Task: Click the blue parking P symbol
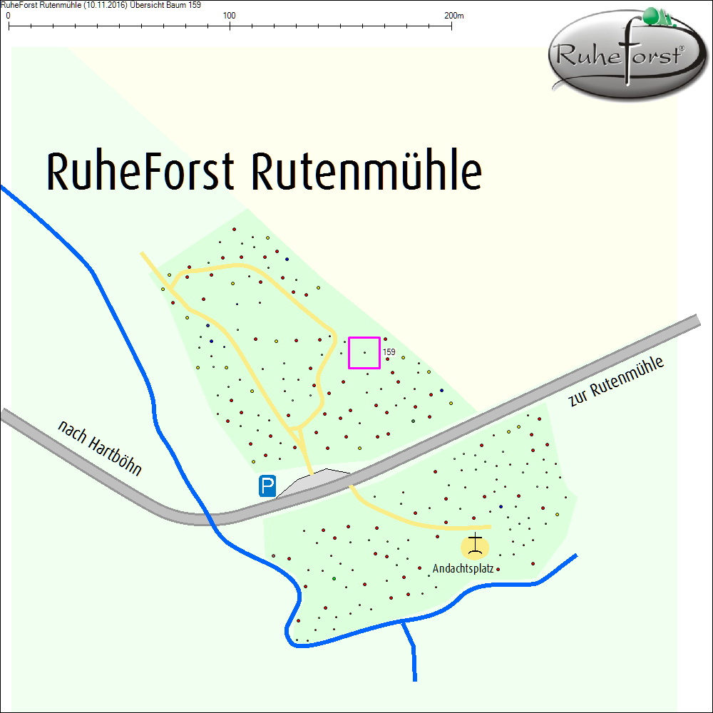[x=267, y=487]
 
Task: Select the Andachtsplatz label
[x=463, y=569]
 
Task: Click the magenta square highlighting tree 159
[x=364, y=353]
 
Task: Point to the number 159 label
[x=389, y=352]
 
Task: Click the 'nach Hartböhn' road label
[x=100, y=448]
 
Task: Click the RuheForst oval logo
[x=619, y=56]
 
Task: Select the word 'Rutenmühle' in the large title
[x=366, y=172]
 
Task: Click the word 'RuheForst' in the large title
[x=140, y=172]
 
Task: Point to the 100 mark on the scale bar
[x=230, y=15]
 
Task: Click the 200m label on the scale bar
[x=453, y=15]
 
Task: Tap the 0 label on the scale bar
[x=8, y=15]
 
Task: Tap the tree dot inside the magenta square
[x=365, y=352]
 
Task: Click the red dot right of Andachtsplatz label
[x=498, y=569]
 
